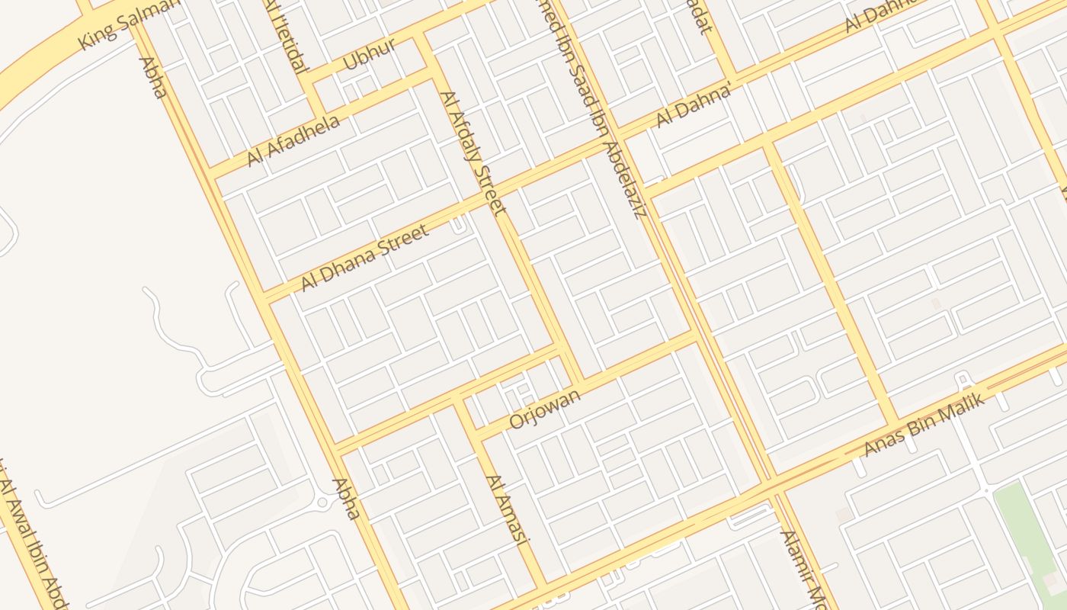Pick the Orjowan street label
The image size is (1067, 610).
544,409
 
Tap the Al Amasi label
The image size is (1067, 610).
507,511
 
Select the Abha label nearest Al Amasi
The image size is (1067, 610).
345,499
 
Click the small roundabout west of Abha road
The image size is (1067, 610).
322,502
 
